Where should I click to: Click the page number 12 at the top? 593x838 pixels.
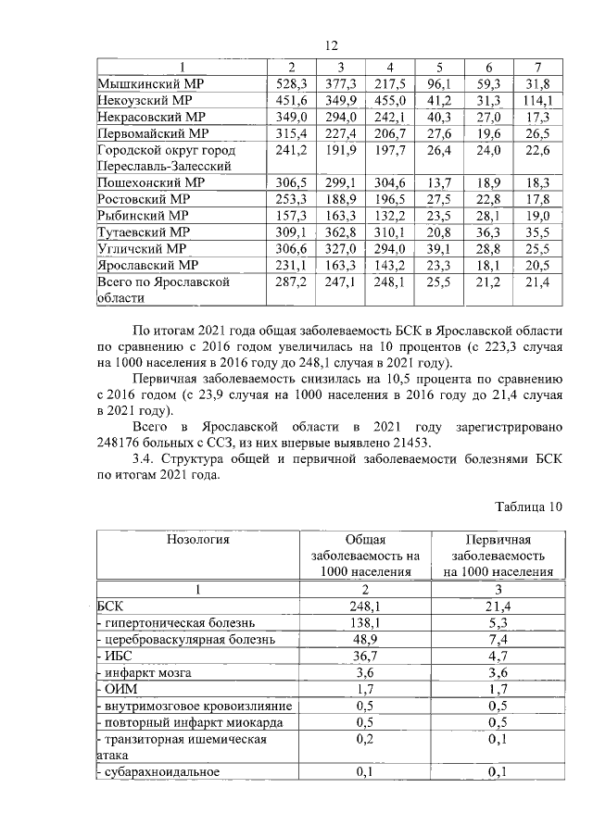tap(333, 46)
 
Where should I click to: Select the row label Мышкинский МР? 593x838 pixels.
tap(150, 84)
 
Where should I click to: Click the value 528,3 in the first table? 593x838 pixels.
tap(291, 84)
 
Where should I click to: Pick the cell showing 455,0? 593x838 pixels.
tap(389, 101)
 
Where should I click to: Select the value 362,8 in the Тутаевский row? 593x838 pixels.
tap(340, 232)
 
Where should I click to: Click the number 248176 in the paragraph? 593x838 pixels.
tap(125, 443)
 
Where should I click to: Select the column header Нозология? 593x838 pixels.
tap(198, 538)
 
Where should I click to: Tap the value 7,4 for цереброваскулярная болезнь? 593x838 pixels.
tap(499, 640)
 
